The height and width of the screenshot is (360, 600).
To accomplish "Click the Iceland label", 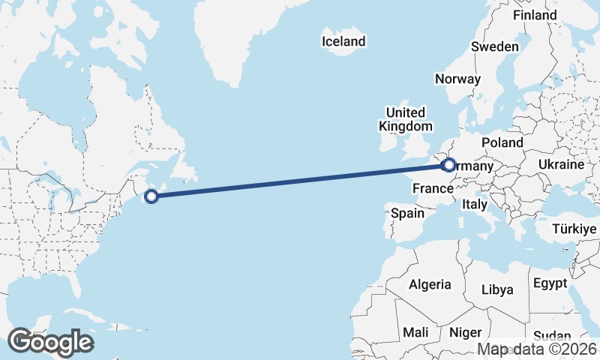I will [343, 42].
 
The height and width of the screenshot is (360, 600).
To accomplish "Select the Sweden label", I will [494, 47].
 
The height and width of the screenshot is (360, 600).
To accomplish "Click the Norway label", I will [457, 79].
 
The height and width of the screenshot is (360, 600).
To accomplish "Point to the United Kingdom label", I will [405, 118].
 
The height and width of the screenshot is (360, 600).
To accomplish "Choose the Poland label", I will [502, 142].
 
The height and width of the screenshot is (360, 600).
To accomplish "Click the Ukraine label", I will [560, 164].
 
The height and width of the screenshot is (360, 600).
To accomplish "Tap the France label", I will [433, 189].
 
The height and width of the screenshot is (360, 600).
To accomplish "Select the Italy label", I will [474, 204].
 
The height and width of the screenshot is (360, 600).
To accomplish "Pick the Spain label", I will [407, 214].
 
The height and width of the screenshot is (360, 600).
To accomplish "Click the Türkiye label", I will [573, 229].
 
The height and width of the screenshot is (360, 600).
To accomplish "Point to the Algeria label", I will [430, 284].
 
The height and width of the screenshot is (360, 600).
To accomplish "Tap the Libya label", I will [497, 289].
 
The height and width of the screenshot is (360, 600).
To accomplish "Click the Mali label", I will [415, 331].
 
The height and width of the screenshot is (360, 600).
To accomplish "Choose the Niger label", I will [464, 331].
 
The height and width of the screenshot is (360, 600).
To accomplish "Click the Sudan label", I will [551, 336].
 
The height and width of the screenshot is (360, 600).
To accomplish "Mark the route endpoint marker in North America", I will [151, 196].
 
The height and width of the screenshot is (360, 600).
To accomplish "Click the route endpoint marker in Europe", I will [448, 164].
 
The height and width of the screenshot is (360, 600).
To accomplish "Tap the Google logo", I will [50, 342].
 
